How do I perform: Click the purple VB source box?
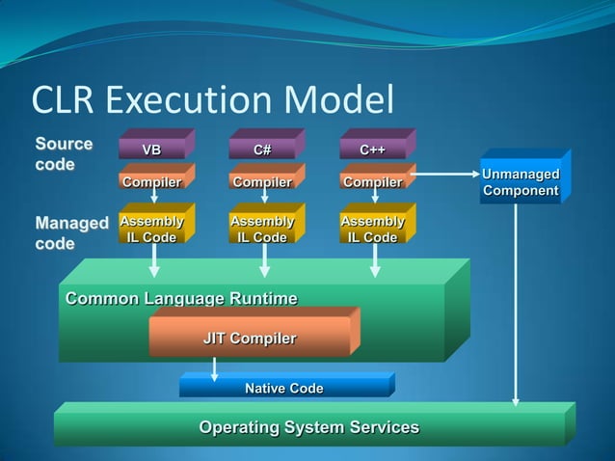(152, 149)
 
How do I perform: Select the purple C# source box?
(262, 149)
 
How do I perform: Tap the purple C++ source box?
(373, 149)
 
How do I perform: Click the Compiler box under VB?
(151, 182)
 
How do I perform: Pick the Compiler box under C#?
(262, 182)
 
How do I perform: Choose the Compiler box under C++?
(373, 182)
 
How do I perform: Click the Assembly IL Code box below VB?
(151, 230)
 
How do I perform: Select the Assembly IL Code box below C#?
(262, 230)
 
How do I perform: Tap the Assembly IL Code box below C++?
(373, 230)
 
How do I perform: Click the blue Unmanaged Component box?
(521, 182)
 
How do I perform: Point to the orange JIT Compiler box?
(250, 339)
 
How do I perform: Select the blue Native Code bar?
(283, 389)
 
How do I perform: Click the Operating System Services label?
(308, 427)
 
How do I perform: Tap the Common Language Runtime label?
(181, 299)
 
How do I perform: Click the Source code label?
(65, 153)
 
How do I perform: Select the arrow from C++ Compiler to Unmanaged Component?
(443, 175)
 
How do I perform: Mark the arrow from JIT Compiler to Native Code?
(214, 368)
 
